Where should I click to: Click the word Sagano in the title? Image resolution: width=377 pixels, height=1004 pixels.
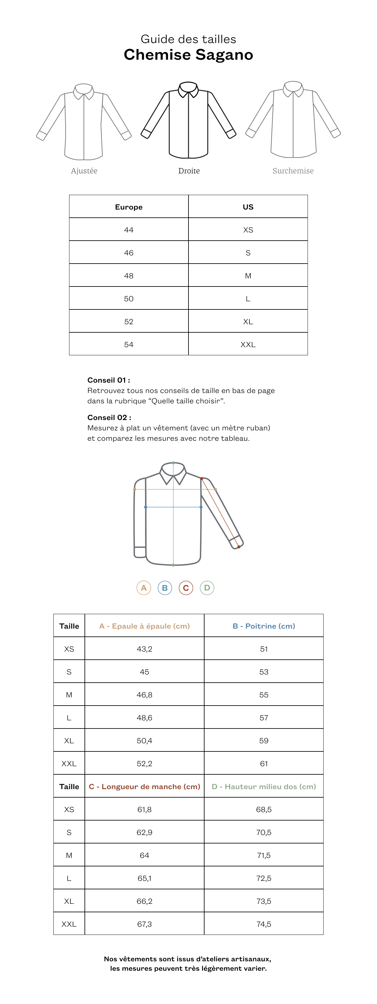(224, 55)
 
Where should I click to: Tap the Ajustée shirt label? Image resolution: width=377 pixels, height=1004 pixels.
(84, 171)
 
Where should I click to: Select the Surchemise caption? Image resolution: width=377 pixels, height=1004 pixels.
(293, 171)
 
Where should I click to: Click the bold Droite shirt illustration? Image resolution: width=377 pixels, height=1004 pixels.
(188, 121)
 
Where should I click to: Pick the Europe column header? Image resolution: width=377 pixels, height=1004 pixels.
(129, 207)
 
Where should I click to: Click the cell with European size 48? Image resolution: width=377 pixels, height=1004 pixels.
(129, 276)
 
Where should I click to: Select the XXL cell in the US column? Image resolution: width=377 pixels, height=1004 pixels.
(248, 345)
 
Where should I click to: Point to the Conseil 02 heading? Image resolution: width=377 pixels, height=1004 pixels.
(109, 417)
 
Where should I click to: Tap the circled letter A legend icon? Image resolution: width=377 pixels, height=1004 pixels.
(144, 588)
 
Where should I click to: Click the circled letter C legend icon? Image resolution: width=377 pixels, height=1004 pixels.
(186, 588)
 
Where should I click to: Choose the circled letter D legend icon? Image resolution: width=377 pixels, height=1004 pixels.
(207, 588)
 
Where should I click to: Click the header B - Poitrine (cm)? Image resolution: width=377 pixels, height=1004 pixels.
(264, 626)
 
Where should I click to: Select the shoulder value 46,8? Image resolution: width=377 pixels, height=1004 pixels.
(144, 695)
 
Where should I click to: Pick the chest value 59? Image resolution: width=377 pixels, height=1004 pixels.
(264, 740)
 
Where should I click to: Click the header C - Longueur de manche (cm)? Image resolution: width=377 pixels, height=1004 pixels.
(144, 787)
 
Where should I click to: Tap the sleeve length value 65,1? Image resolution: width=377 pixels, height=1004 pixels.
(144, 878)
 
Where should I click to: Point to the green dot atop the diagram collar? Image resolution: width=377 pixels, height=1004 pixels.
(173, 463)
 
